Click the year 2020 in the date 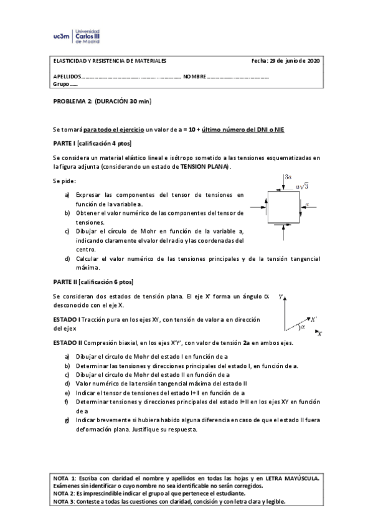pos(311,61)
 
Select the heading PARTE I pos(65,143)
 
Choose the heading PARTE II pos(66,282)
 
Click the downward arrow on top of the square pos(283,184)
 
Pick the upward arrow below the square pos(283,233)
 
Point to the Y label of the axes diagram pos(281,297)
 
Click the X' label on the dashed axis pos(314,318)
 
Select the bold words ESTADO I pos(67,319)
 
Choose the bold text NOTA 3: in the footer pos(64,501)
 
